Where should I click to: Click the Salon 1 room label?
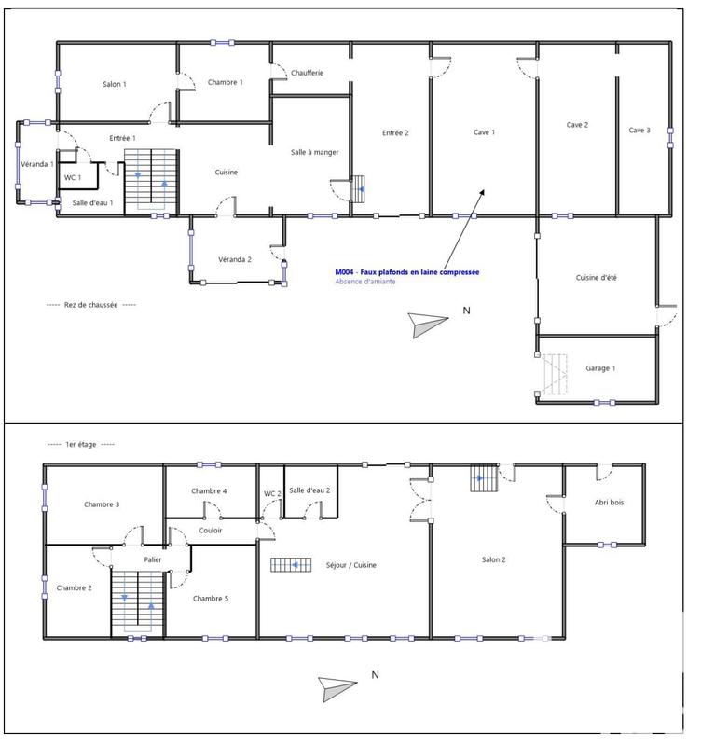(x=115, y=84)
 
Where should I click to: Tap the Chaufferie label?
(x=307, y=73)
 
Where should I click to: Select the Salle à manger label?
(x=315, y=152)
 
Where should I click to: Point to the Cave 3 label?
(x=639, y=131)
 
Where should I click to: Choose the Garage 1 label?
(x=600, y=368)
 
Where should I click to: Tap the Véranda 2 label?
(x=235, y=258)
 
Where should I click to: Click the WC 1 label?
(x=72, y=177)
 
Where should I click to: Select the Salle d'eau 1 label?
(x=92, y=202)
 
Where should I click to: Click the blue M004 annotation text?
(x=407, y=272)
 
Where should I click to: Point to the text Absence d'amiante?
(x=370, y=282)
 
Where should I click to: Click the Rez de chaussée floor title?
(x=91, y=305)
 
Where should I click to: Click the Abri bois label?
(x=610, y=503)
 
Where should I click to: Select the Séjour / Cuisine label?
(x=350, y=565)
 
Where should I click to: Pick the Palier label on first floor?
(x=153, y=559)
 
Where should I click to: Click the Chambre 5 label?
(x=211, y=598)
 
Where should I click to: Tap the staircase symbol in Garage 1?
(x=557, y=373)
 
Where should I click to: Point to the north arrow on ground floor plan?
(x=429, y=320)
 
